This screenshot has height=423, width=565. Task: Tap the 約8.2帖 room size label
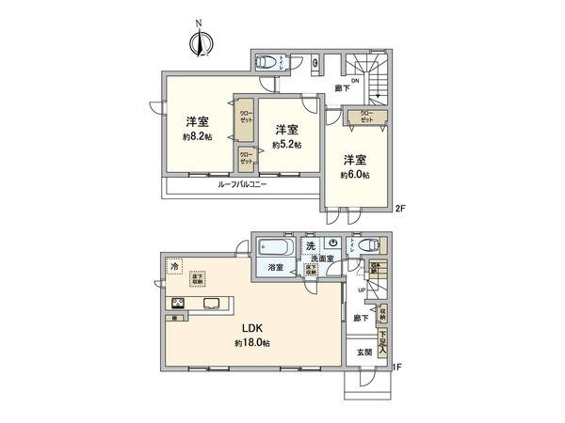(x=196, y=135)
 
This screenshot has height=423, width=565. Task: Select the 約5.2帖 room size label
(x=286, y=145)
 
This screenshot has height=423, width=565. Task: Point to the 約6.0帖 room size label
(x=355, y=174)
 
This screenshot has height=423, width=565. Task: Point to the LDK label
(x=251, y=328)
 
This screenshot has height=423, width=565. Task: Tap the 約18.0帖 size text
(x=251, y=344)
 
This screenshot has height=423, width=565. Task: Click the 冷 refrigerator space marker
(x=174, y=268)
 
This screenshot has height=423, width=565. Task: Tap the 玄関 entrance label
(x=364, y=352)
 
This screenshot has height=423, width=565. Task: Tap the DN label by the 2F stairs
(x=355, y=81)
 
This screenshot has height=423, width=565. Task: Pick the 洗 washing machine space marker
(x=310, y=246)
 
